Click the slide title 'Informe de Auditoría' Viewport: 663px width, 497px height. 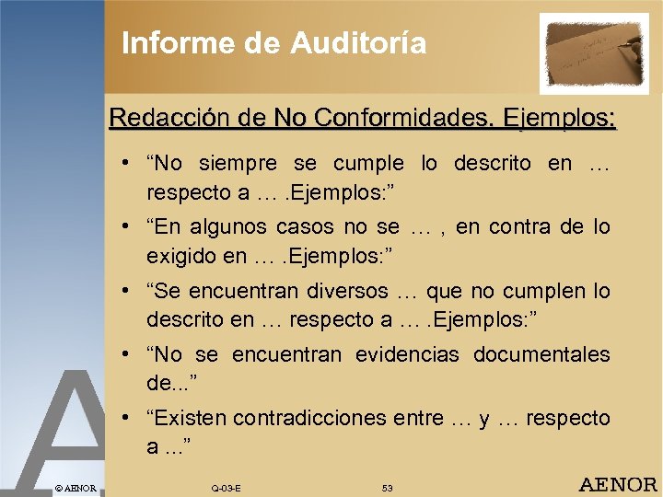[x=273, y=42]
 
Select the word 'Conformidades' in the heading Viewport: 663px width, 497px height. [x=401, y=118]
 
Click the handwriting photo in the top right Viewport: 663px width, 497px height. [x=594, y=52]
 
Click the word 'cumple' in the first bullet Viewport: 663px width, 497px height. [x=368, y=164]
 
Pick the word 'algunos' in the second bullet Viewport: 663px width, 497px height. [x=242, y=227]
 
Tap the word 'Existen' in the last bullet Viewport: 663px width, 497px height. [x=189, y=418]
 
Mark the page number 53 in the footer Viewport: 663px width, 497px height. [x=388, y=487]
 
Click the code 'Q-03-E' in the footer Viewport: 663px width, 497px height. [x=226, y=487]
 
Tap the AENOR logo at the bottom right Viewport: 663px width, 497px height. [x=617, y=484]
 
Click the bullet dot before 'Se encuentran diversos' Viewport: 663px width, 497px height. [x=123, y=292]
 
